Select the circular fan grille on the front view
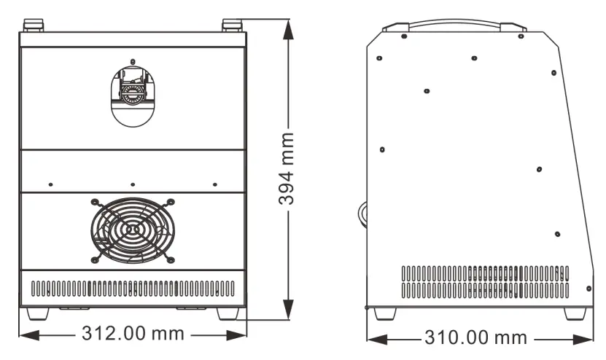coord(132,230)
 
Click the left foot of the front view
coord(36,312)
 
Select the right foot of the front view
coord(228,312)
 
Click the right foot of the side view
coord(575,313)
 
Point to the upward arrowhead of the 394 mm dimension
coord(290,26)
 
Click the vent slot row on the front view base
coord(132,289)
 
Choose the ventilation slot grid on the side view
coord(484,282)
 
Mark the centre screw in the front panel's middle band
coord(132,184)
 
